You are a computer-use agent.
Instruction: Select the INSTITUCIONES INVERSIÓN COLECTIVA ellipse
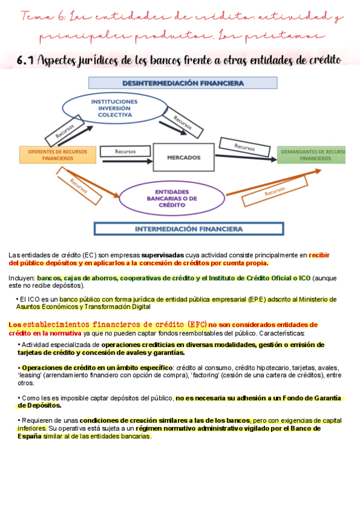[114, 109]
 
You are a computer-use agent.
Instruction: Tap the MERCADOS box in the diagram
[183, 157]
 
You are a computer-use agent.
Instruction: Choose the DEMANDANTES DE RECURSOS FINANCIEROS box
[312, 155]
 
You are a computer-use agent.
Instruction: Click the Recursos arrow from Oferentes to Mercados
[126, 152]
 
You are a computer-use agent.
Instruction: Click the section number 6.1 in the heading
[26, 60]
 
